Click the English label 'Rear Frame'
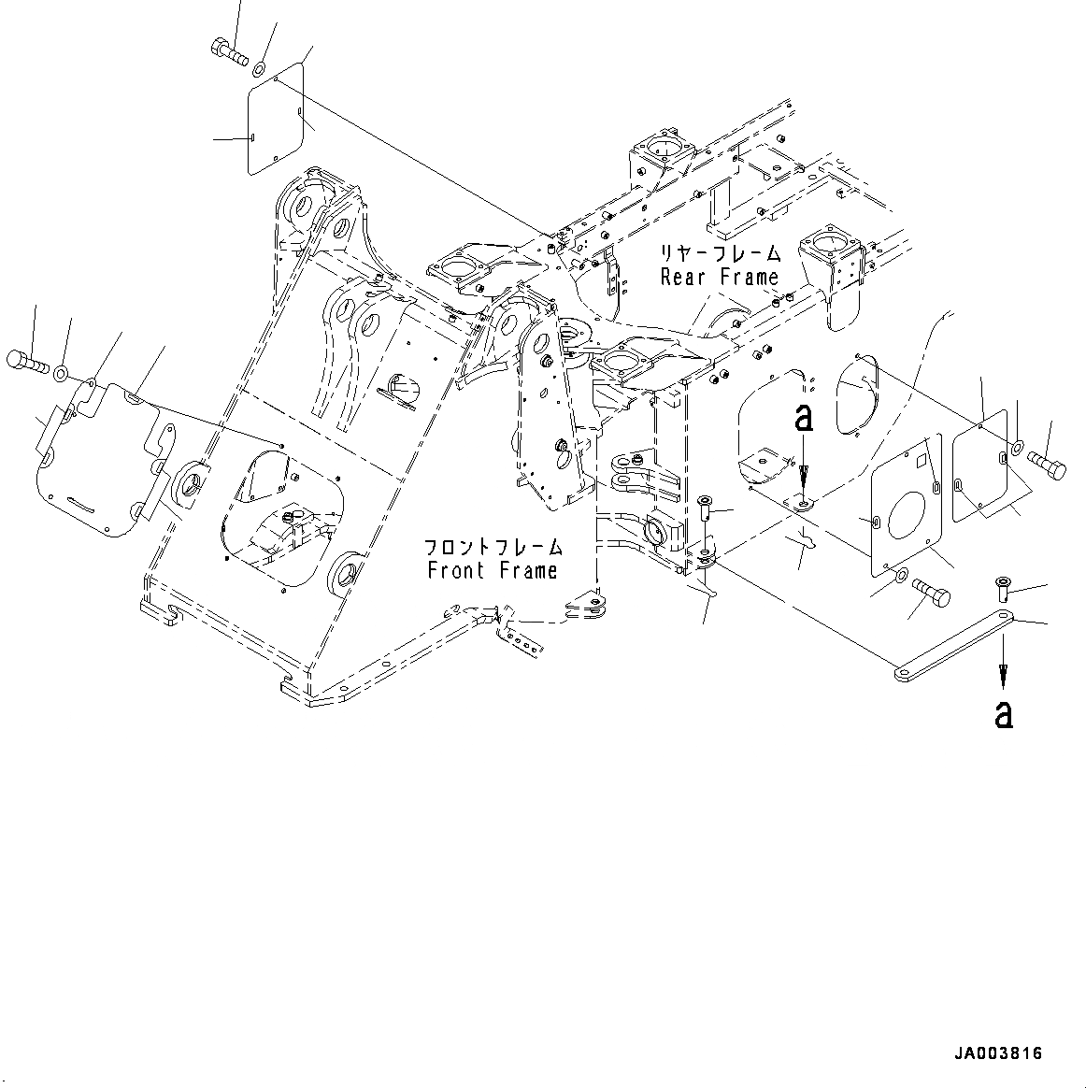click(719, 277)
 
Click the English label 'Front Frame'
click(493, 570)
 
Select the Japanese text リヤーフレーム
click(720, 253)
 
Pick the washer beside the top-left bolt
click(259, 66)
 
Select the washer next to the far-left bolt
click(60, 375)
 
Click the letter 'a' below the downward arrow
click(1003, 715)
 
